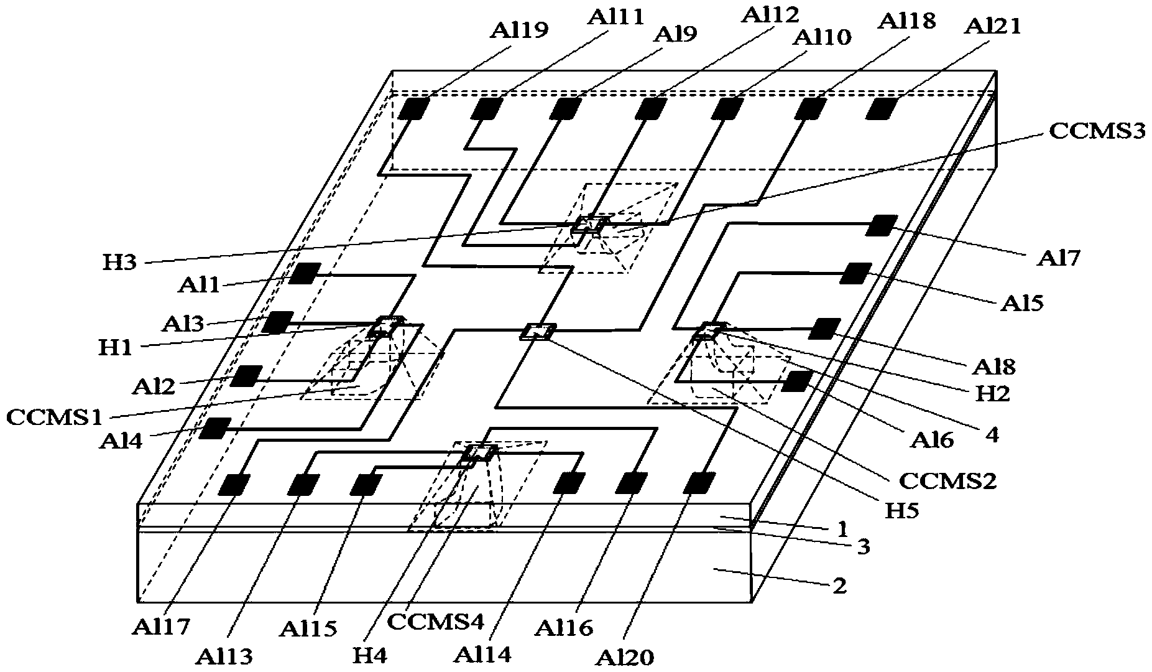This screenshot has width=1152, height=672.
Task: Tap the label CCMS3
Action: click(x=1096, y=132)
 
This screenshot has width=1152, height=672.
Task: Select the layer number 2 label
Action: click(x=839, y=586)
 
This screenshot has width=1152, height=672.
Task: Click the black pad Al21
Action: click(x=882, y=108)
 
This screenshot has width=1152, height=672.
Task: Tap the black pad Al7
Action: click(x=882, y=225)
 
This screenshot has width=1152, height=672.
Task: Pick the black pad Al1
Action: click(x=305, y=273)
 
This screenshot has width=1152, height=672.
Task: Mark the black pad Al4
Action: click(x=214, y=428)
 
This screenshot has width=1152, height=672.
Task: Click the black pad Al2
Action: click(x=246, y=376)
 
